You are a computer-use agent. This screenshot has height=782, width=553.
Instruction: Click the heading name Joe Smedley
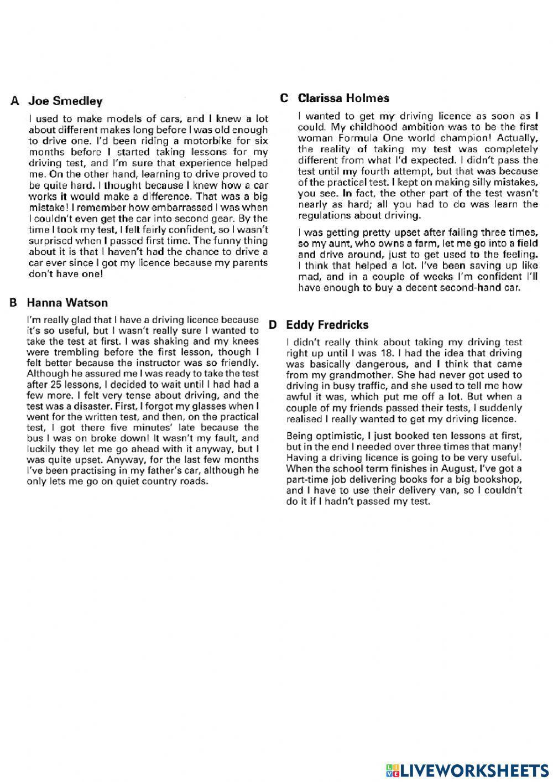pos(65,101)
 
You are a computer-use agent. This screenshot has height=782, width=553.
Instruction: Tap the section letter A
pos(15,101)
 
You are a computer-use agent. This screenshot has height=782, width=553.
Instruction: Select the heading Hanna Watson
pos(67,303)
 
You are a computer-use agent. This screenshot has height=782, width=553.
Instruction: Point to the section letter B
pos(14,303)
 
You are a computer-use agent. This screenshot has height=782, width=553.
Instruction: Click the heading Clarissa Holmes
pos(343,98)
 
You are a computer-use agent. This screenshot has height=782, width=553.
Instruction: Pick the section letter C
pos(284,98)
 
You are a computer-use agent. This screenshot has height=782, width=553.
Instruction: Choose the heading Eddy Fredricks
pos(327,325)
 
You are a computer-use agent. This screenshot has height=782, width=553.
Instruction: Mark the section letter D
pos(273,325)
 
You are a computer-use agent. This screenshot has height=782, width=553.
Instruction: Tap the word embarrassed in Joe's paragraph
pos(178,208)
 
